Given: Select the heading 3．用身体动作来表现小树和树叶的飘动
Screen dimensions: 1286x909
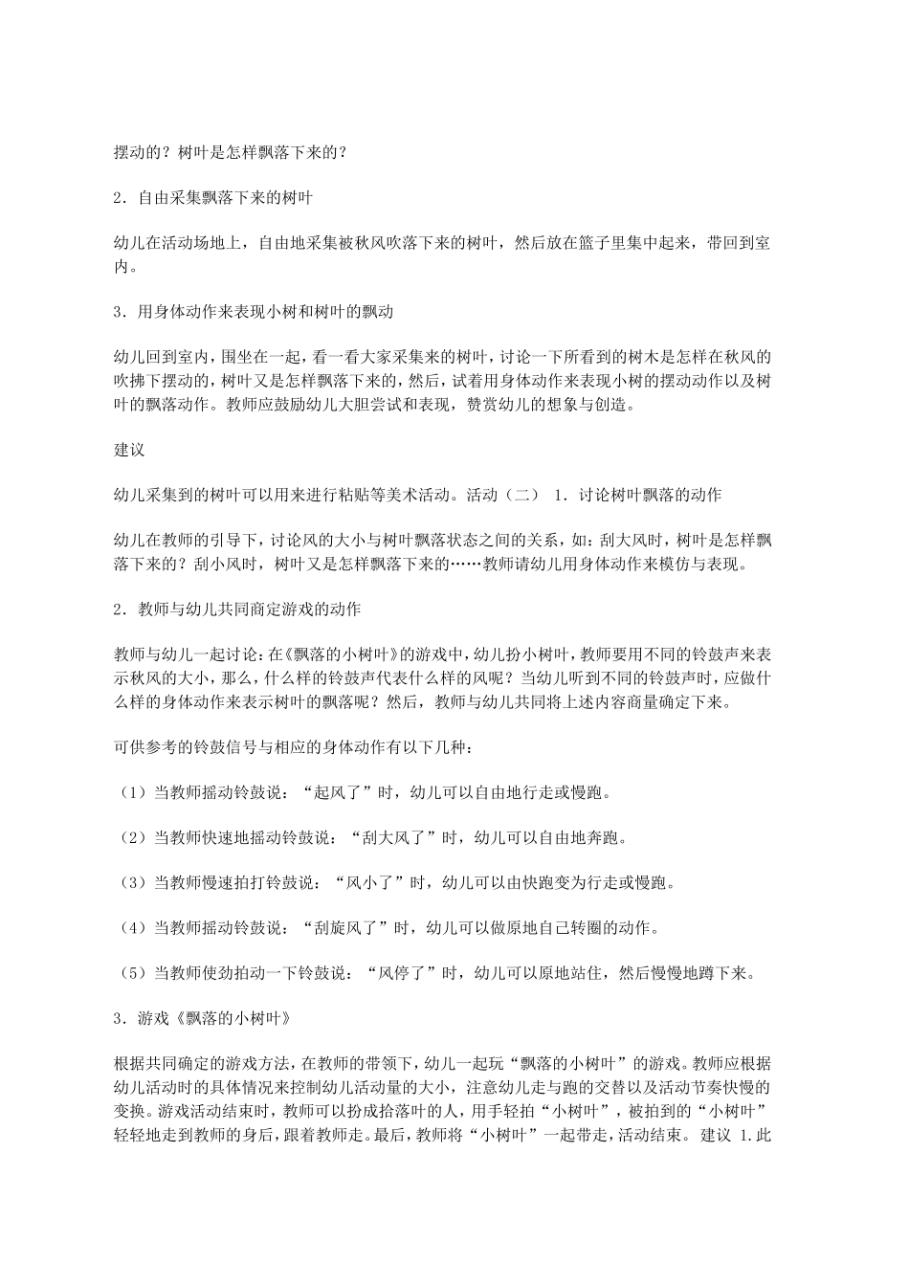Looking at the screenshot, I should pos(253,312).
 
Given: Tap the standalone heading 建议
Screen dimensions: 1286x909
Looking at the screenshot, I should pos(127,449).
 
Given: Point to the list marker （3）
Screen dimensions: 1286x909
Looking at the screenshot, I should pos(130,882).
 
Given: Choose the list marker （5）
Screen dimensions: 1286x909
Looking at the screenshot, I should pos(130,973).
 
